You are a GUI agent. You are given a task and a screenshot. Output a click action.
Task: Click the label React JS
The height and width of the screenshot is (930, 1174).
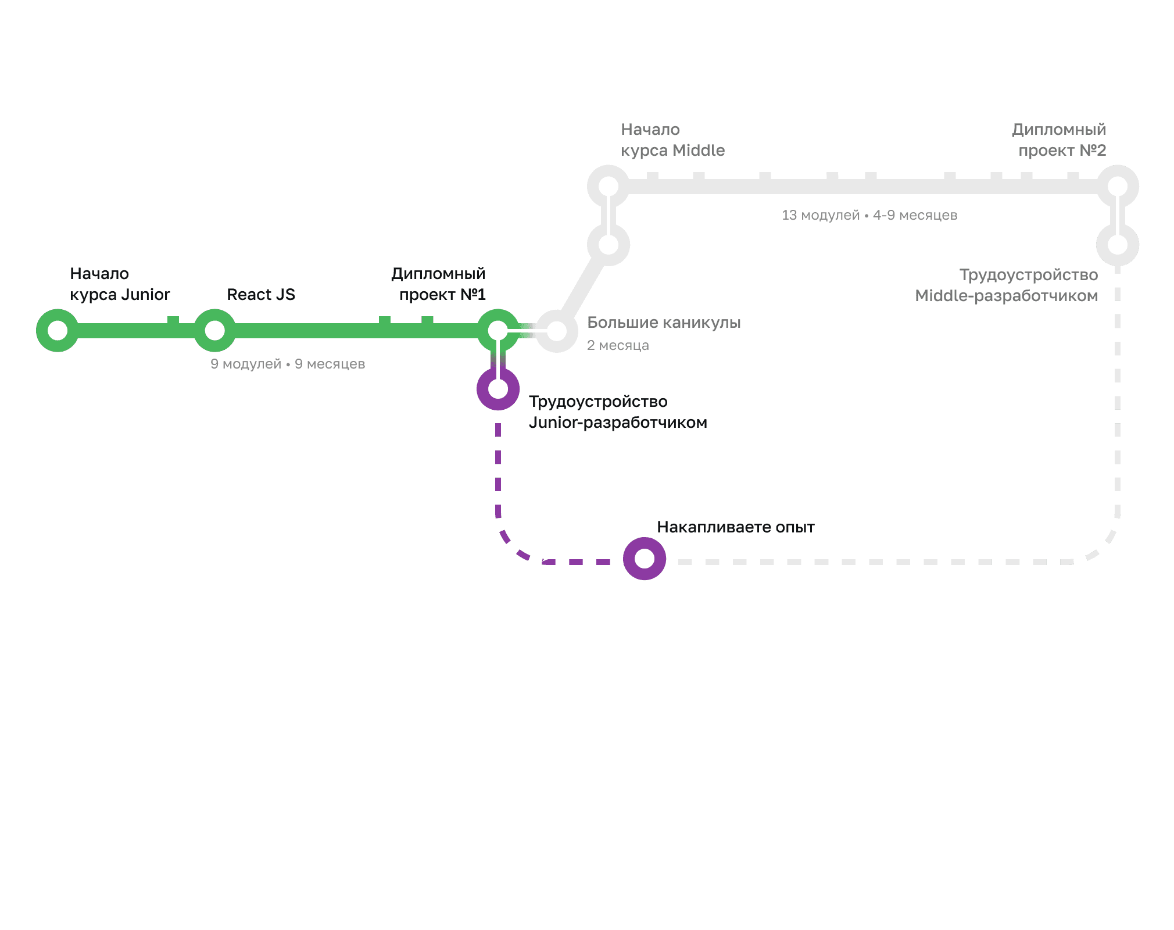(261, 295)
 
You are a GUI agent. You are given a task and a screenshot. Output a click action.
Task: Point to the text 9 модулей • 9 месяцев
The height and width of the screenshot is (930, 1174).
(288, 364)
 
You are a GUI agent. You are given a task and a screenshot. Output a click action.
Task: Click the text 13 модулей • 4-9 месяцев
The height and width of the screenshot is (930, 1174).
(869, 215)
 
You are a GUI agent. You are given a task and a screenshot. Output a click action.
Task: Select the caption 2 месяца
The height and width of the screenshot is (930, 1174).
(618, 345)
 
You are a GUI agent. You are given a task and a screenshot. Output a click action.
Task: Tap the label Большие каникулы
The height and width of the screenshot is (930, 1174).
(664, 323)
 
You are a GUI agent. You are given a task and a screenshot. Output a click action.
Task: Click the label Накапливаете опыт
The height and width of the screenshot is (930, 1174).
(736, 527)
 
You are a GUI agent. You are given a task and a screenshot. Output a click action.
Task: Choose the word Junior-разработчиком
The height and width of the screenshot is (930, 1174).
(618, 423)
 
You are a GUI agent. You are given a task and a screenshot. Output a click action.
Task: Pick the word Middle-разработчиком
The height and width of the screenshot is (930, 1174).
(1007, 296)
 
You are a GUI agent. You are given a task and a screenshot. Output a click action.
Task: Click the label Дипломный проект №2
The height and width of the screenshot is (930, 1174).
(1059, 140)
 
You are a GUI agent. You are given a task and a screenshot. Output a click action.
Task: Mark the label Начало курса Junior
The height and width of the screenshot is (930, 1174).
(120, 284)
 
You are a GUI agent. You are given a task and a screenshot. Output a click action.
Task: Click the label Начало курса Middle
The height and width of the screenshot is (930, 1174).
(673, 140)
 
